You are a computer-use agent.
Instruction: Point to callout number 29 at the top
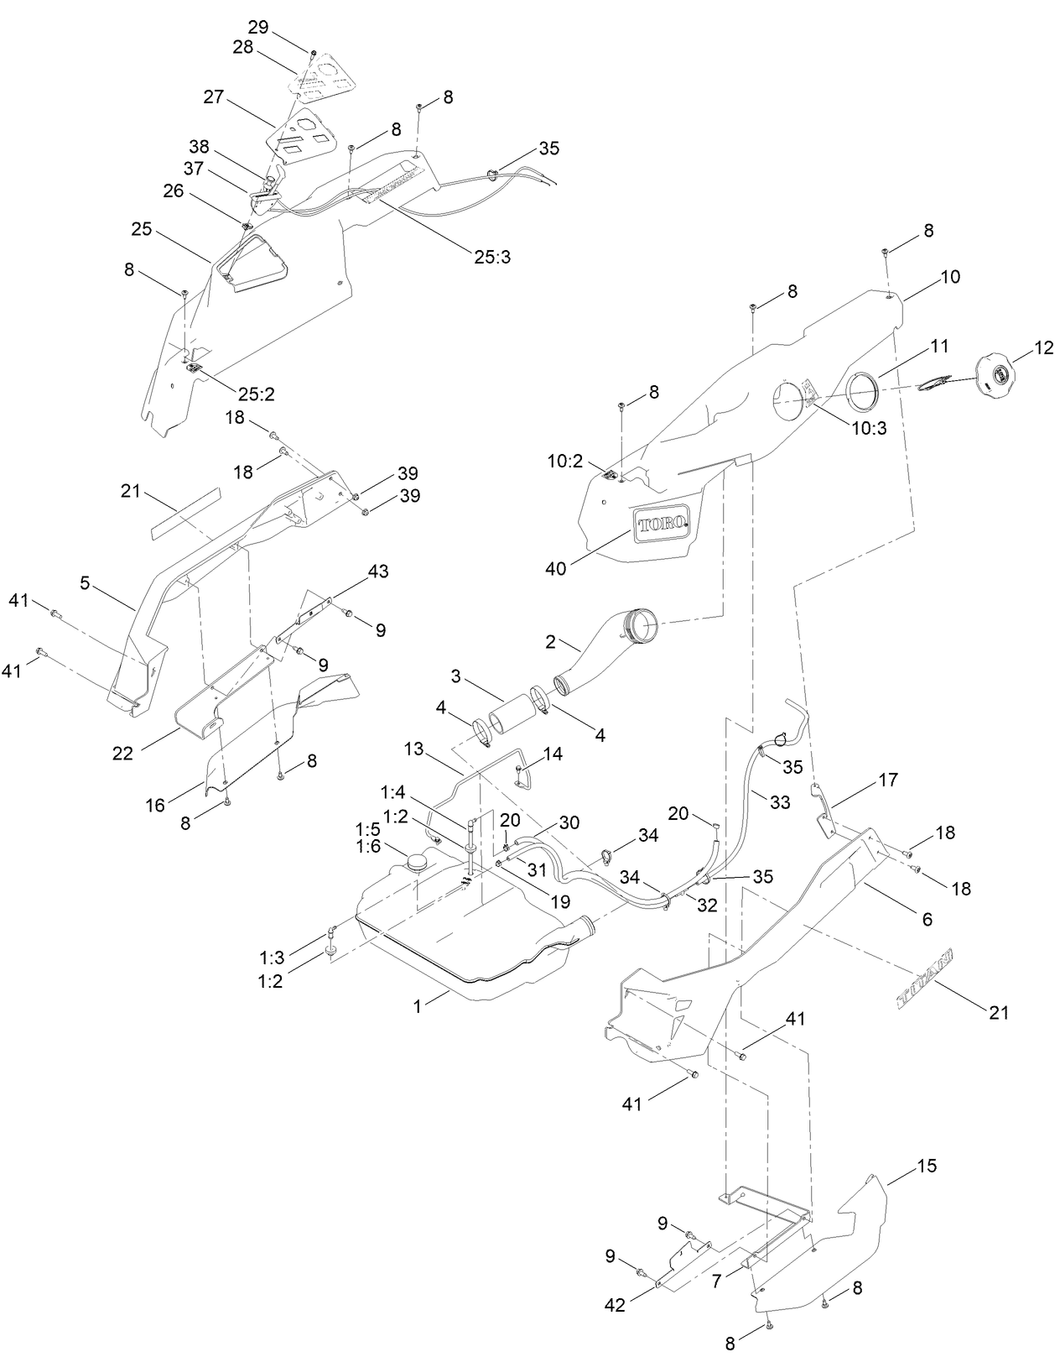click(257, 26)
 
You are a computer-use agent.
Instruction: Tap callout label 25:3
click(491, 257)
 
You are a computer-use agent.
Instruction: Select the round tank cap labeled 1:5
click(417, 860)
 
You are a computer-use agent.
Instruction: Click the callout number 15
click(927, 1166)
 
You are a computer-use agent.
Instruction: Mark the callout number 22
click(123, 754)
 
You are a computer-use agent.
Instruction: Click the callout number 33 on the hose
click(780, 801)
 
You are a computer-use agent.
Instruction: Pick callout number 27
click(213, 97)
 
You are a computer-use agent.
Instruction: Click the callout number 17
click(888, 780)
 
